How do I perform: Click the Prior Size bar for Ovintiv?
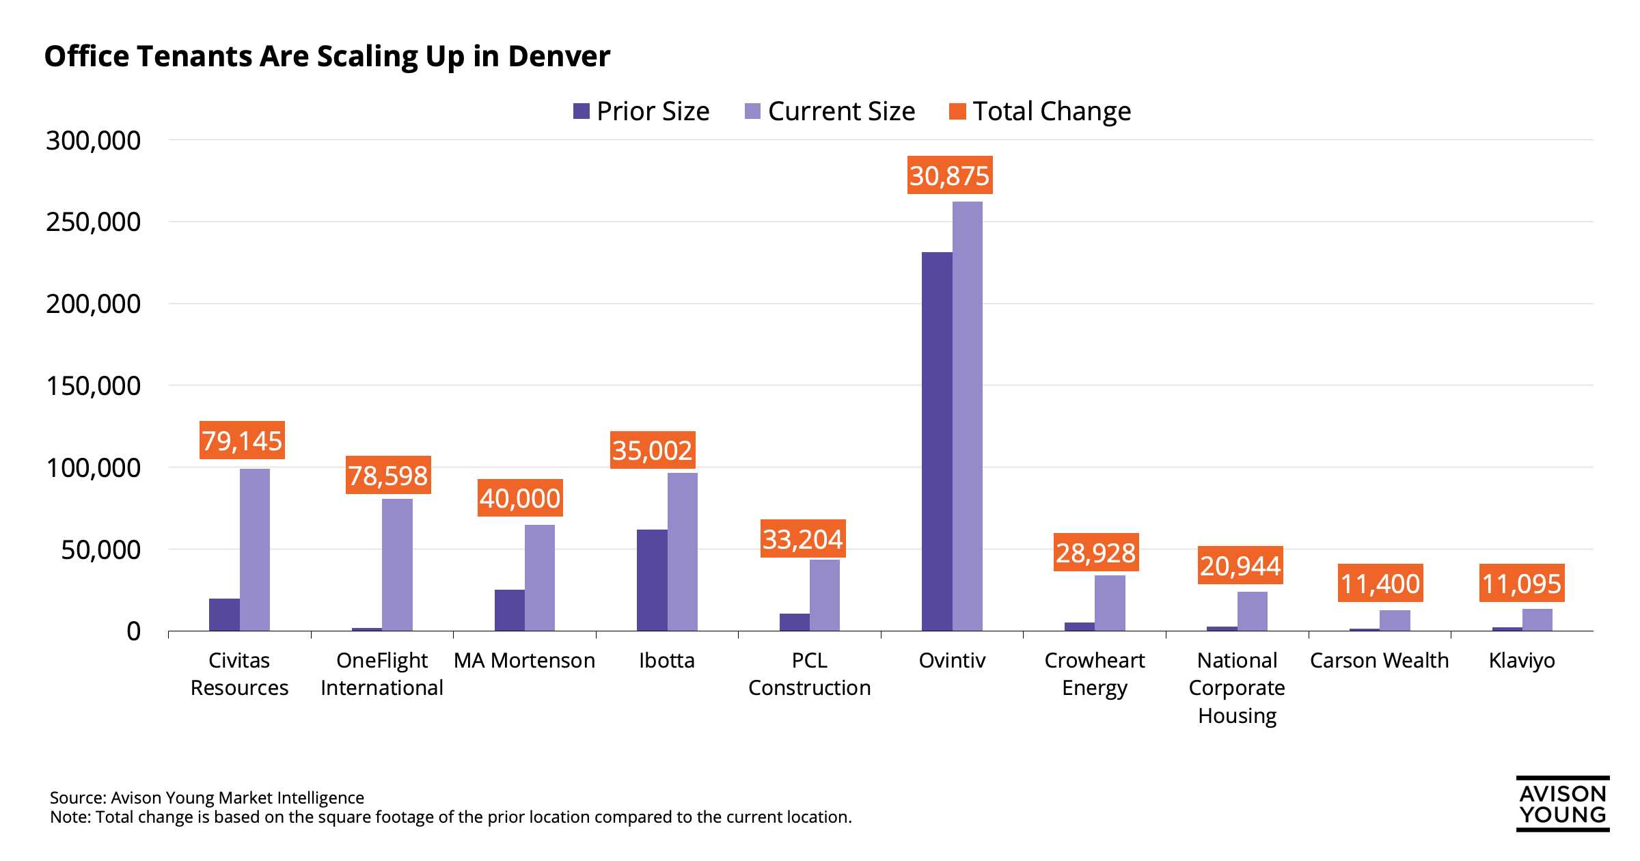tap(937, 441)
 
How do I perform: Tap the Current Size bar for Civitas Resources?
tap(255, 549)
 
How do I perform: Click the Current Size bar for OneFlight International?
tap(397, 564)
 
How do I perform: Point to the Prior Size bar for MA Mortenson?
tap(510, 610)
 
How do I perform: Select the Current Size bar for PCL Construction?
tap(825, 594)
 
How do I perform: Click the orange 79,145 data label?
tap(242, 441)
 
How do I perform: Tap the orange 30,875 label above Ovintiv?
tap(949, 176)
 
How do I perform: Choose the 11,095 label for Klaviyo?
tap(1522, 584)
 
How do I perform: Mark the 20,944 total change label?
tap(1240, 566)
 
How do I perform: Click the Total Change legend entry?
tap(1040, 111)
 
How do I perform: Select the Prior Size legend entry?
tap(642, 111)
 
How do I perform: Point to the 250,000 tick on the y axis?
tap(93, 222)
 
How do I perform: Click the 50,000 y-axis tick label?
tap(100, 549)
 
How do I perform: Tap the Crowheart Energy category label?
tap(1094, 674)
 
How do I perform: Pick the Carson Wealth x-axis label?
tap(1379, 661)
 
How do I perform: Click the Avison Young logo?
tap(1562, 804)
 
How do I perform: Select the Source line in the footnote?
tap(206, 797)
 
